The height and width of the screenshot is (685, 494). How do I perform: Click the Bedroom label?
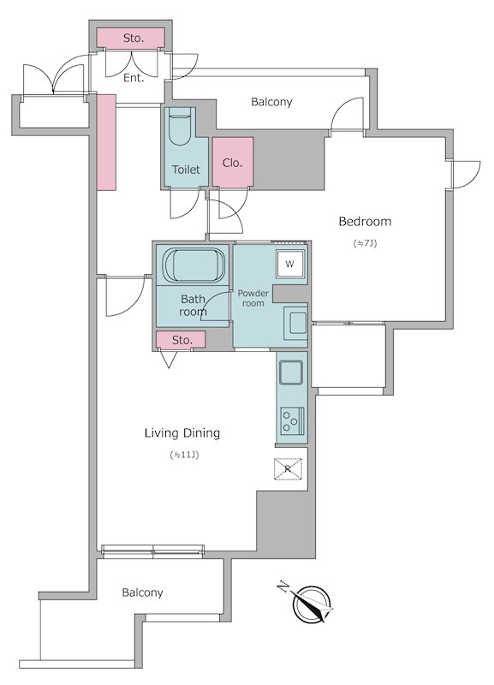[x=365, y=222]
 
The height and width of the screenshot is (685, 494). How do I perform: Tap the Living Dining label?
[x=182, y=433]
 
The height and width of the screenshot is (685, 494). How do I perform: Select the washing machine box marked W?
[x=290, y=264]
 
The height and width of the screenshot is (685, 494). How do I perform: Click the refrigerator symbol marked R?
[x=288, y=468]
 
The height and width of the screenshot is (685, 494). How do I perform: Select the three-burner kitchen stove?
[x=292, y=420]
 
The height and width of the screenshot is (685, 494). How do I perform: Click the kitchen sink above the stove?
[x=291, y=372]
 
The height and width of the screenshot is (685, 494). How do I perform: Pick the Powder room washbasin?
[x=295, y=324]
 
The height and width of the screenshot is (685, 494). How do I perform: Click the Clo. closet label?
[x=232, y=163]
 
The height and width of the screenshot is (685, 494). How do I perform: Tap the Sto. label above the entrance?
[x=133, y=38]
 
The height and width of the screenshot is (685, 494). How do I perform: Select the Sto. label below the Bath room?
[x=182, y=340]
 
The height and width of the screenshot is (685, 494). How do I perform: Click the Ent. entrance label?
[x=134, y=78]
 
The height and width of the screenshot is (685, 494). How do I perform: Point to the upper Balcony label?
[x=271, y=102]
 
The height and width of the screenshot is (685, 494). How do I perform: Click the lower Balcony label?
[x=142, y=593]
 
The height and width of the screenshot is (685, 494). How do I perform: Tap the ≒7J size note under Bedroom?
[x=365, y=243]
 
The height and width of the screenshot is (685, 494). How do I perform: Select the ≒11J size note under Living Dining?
[x=184, y=456]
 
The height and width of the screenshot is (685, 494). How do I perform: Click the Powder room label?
[x=253, y=298]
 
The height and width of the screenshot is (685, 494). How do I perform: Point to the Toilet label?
[x=186, y=170]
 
